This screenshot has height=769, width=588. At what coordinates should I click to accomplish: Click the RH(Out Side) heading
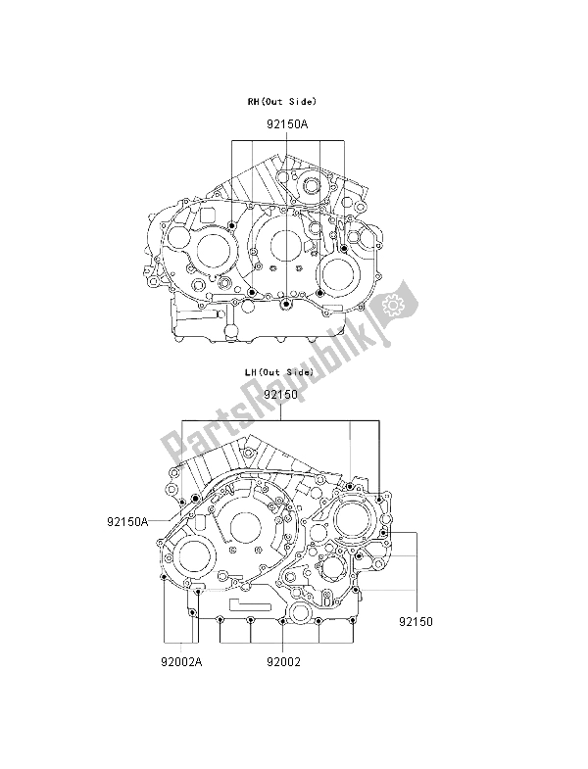pyautogui.click(x=281, y=102)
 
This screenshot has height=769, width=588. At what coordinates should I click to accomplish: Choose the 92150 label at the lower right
pyautogui.click(x=416, y=621)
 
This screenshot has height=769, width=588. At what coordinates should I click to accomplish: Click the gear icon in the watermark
pyautogui.click(x=395, y=304)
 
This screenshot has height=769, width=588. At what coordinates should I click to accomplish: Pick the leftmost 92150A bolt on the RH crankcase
pyautogui.click(x=232, y=226)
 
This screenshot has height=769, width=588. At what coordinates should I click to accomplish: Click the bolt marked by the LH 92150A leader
pyautogui.click(x=196, y=500)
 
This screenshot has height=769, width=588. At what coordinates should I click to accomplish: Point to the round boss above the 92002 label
pyautogui.click(x=283, y=622)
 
